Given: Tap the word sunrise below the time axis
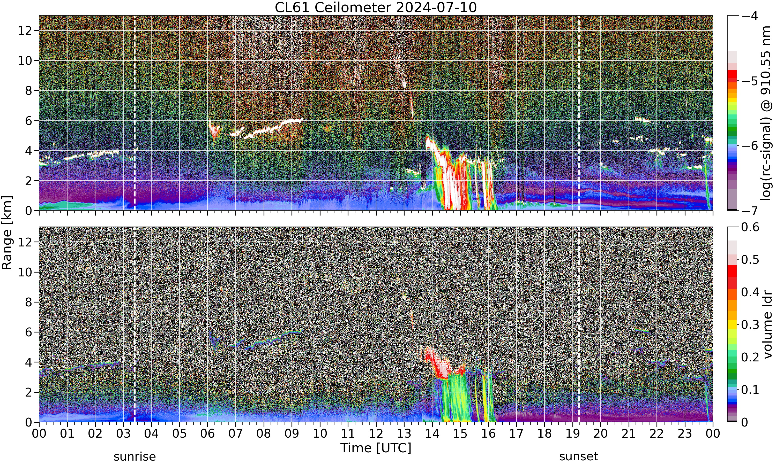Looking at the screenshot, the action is pyautogui.click(x=135, y=456).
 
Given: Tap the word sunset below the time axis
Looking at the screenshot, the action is pyautogui.click(x=579, y=456).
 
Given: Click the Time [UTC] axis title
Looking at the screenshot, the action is pyautogui.click(x=376, y=448).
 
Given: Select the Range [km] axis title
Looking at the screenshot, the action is pyautogui.click(x=7, y=233).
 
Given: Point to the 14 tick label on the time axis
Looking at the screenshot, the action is pyautogui.click(x=432, y=434).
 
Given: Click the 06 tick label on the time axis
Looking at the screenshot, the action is pyautogui.click(x=207, y=434).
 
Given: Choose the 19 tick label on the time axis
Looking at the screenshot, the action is pyautogui.click(x=572, y=434).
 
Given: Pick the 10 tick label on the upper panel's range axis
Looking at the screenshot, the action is pyautogui.click(x=25, y=61).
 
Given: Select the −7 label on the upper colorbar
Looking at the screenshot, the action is pyautogui.click(x=750, y=211).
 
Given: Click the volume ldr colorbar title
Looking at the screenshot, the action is pyautogui.click(x=767, y=325).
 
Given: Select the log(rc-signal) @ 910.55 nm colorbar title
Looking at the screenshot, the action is pyautogui.click(x=766, y=113).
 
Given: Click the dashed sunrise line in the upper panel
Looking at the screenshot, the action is pyautogui.click(x=135, y=113).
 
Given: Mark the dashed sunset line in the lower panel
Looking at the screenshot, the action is pyautogui.click(x=579, y=325).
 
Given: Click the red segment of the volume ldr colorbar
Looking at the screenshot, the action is pyautogui.click(x=732, y=271).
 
